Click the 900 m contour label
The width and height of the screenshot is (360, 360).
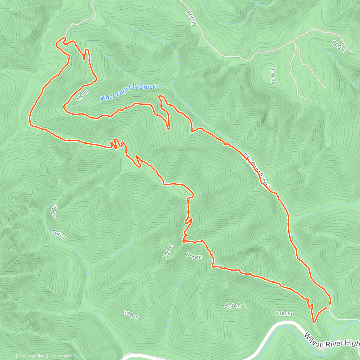(x=272, y=75)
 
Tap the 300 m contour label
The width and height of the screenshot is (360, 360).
(x=284, y=313)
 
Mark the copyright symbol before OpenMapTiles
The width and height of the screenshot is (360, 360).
(x=16, y=356)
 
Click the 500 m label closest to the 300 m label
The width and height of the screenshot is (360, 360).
(x=232, y=306)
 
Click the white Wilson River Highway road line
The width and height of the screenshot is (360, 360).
(x=270, y=333)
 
